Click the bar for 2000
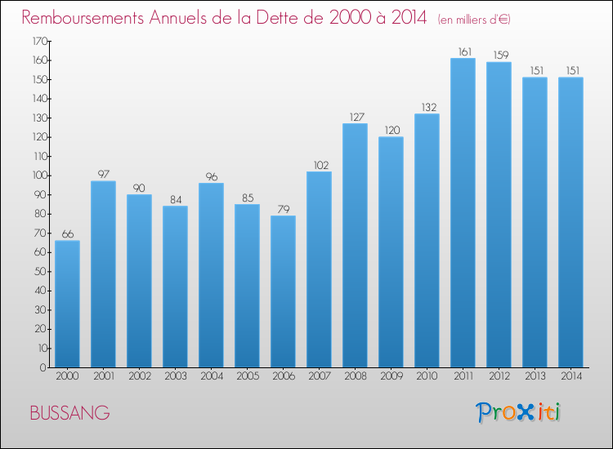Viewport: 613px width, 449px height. (67, 304)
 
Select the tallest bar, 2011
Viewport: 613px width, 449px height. (463, 212)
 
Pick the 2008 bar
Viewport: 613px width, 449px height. (355, 245)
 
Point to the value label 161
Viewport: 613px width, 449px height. (463, 51)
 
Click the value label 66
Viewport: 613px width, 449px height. (67, 233)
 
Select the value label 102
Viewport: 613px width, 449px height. (319, 165)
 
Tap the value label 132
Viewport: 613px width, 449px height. (427, 107)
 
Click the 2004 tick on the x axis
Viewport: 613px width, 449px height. (211, 376)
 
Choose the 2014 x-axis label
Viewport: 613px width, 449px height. (570, 376)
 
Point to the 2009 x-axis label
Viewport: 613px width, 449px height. (391, 376)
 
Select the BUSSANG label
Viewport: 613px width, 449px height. (69, 413)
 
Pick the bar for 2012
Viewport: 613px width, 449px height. (499, 215)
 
